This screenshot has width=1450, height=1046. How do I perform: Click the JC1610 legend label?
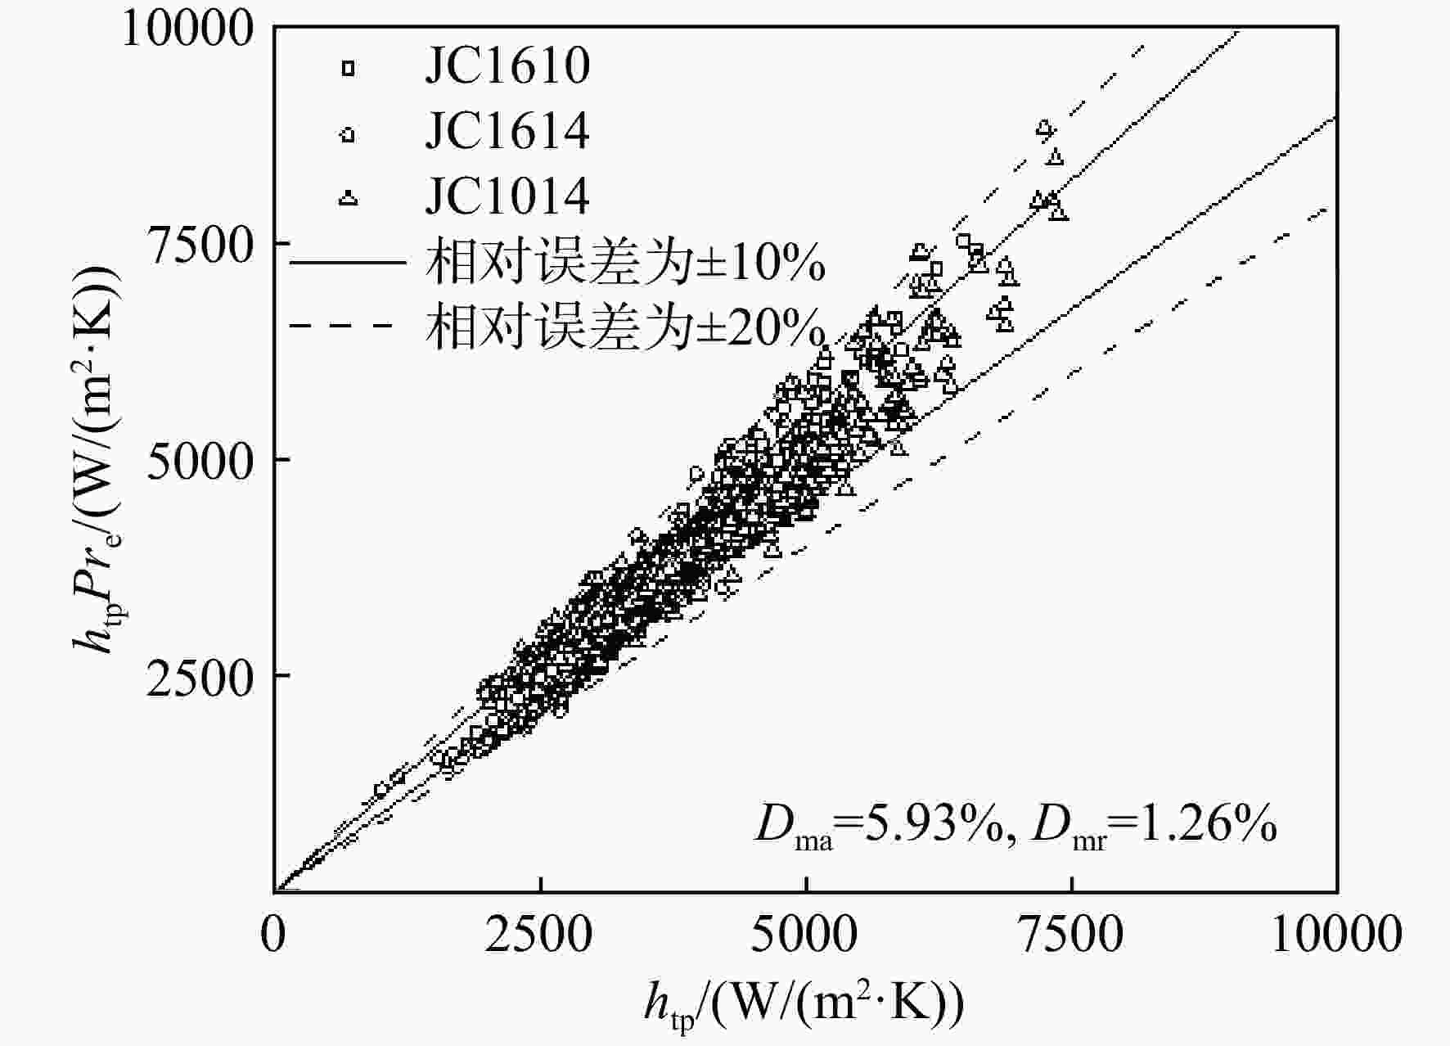507,65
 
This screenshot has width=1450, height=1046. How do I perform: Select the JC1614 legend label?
507,131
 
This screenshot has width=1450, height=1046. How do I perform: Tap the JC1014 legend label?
507,196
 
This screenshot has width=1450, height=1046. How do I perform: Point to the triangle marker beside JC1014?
349,197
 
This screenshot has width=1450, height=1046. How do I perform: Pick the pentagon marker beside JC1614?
349,133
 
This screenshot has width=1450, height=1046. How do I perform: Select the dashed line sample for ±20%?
348,327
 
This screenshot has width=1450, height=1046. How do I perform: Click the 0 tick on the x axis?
274,934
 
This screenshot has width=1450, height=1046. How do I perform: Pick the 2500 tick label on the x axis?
539,934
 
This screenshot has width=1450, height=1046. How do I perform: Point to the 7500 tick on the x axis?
1071,934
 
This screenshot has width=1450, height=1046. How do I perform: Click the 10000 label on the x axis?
1337,934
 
